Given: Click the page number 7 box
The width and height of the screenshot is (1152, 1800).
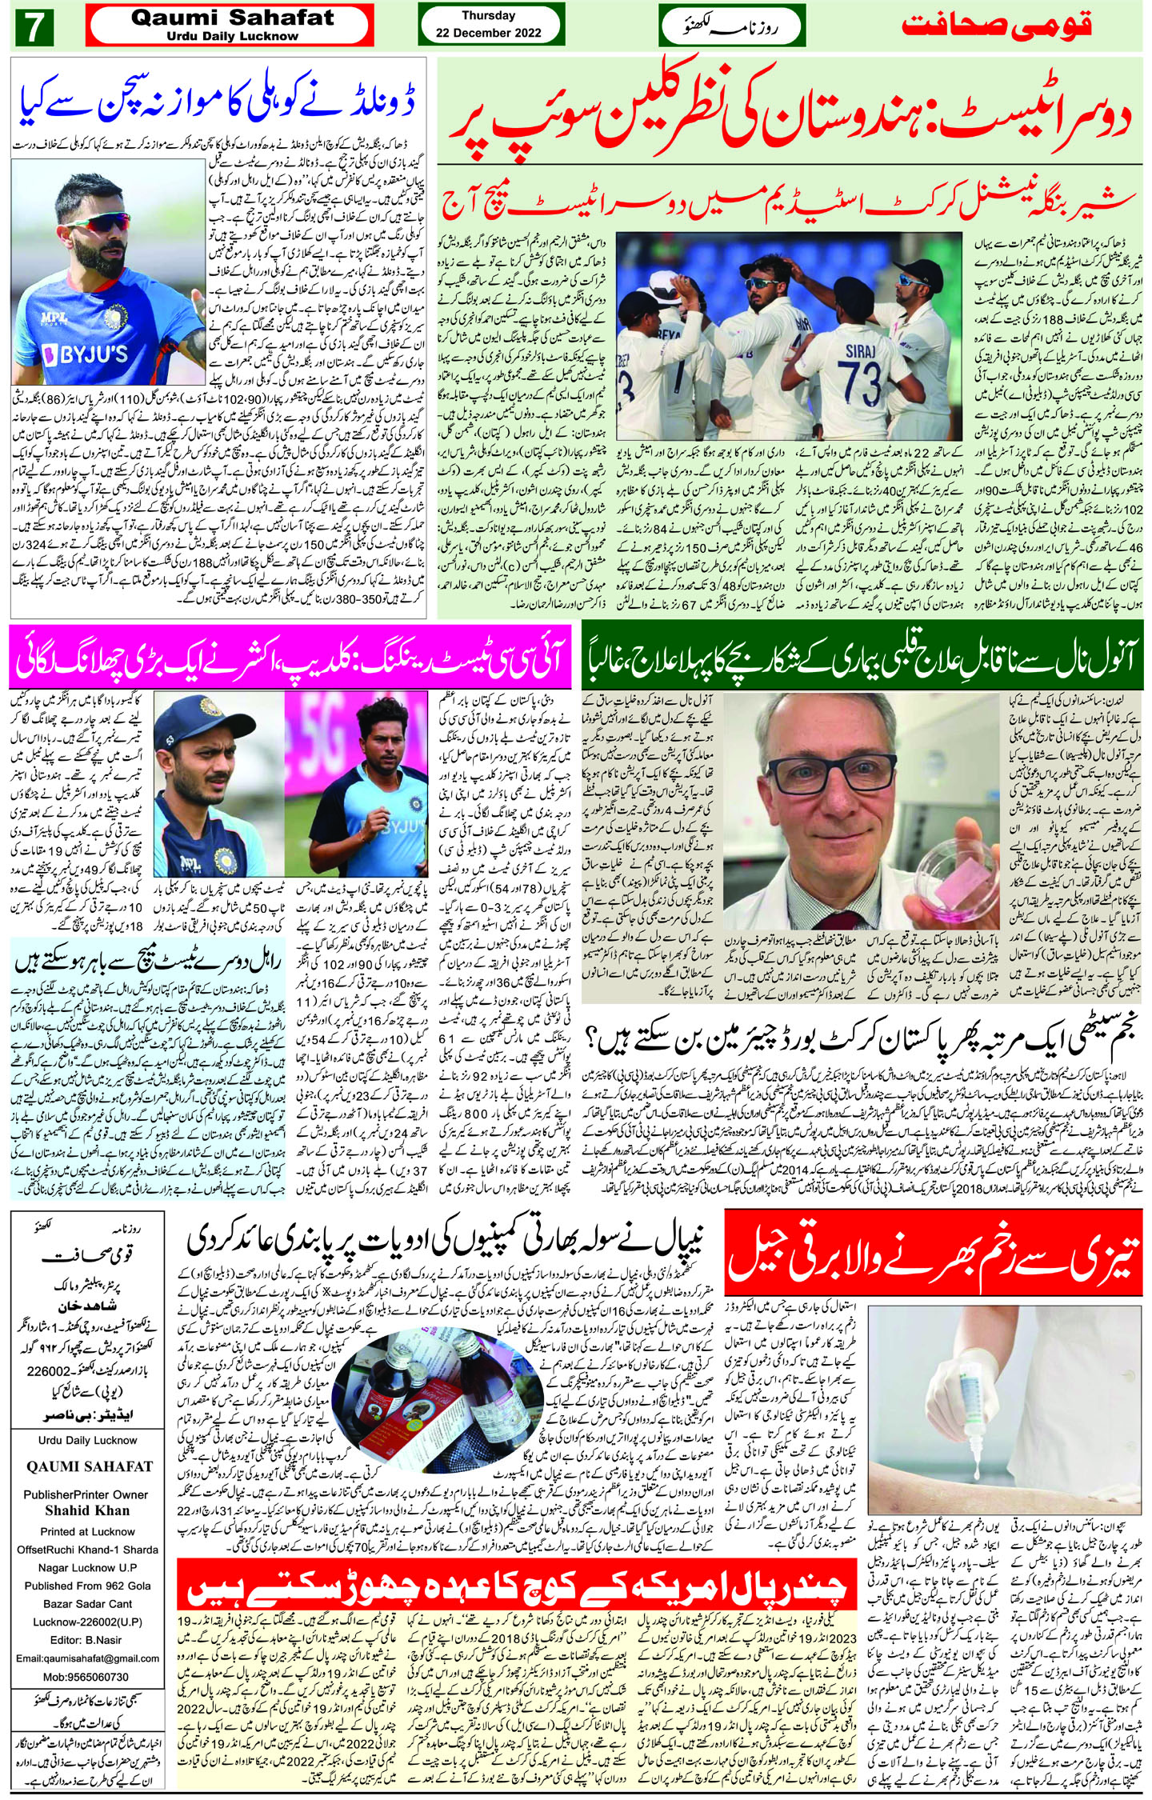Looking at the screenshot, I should [x=34, y=29].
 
